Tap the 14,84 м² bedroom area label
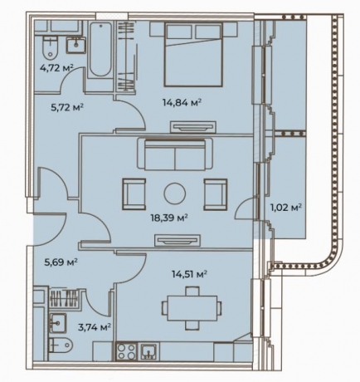(182, 103)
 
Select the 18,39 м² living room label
(169, 218)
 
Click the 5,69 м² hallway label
(61, 262)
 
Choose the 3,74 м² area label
(95, 327)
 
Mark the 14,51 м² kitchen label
(190, 274)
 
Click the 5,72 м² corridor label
(67, 107)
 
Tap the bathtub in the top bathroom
(101, 50)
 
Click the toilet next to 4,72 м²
(51, 47)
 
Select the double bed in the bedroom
(193, 54)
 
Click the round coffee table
(175, 193)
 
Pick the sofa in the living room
(175, 154)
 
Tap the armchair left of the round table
(134, 194)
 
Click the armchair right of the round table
(216, 194)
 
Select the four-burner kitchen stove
(127, 351)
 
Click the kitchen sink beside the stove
(149, 351)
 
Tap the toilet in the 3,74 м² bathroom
(61, 345)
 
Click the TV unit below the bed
(193, 127)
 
